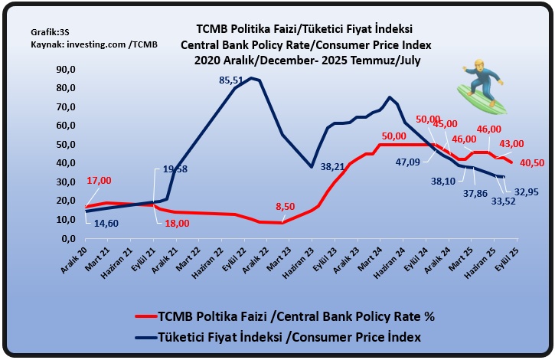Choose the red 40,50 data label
(x=532, y=162)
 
